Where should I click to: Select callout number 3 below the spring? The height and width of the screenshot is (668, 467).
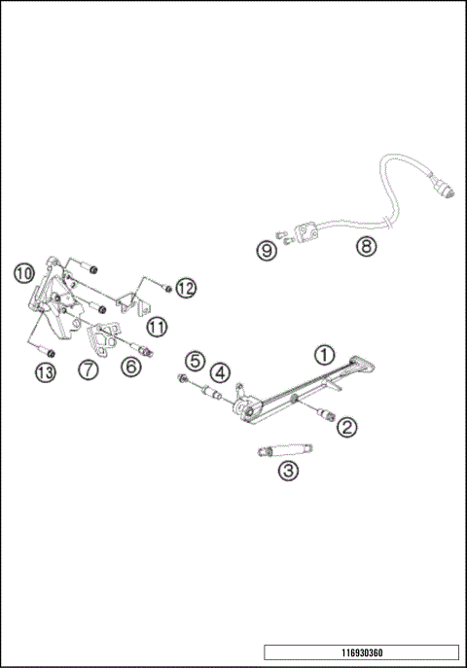[x=288, y=472]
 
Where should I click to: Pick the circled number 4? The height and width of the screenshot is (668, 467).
[x=222, y=371]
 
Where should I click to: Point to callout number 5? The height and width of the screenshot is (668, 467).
[x=196, y=361]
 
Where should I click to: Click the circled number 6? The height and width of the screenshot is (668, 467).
[x=131, y=367]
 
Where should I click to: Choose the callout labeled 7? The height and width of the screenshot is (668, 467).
[x=89, y=369]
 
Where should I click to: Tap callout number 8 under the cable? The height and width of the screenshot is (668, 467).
[x=364, y=247]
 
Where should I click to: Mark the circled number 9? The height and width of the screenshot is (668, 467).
[x=266, y=250]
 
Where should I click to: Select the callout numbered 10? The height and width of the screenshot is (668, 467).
[x=24, y=270]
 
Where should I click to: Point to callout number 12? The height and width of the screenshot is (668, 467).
[x=186, y=288]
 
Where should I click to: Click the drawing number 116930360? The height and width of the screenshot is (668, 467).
[x=361, y=652]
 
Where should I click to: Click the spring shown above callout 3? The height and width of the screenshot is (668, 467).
[x=285, y=450]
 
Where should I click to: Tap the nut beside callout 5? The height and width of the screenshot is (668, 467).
[x=184, y=378]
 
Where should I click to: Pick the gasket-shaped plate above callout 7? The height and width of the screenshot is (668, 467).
[x=101, y=337]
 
